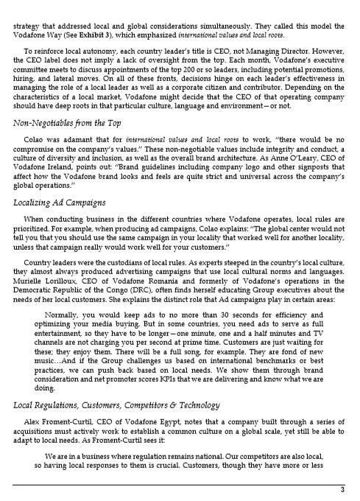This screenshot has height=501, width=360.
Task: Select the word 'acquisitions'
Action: coord(39,430)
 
